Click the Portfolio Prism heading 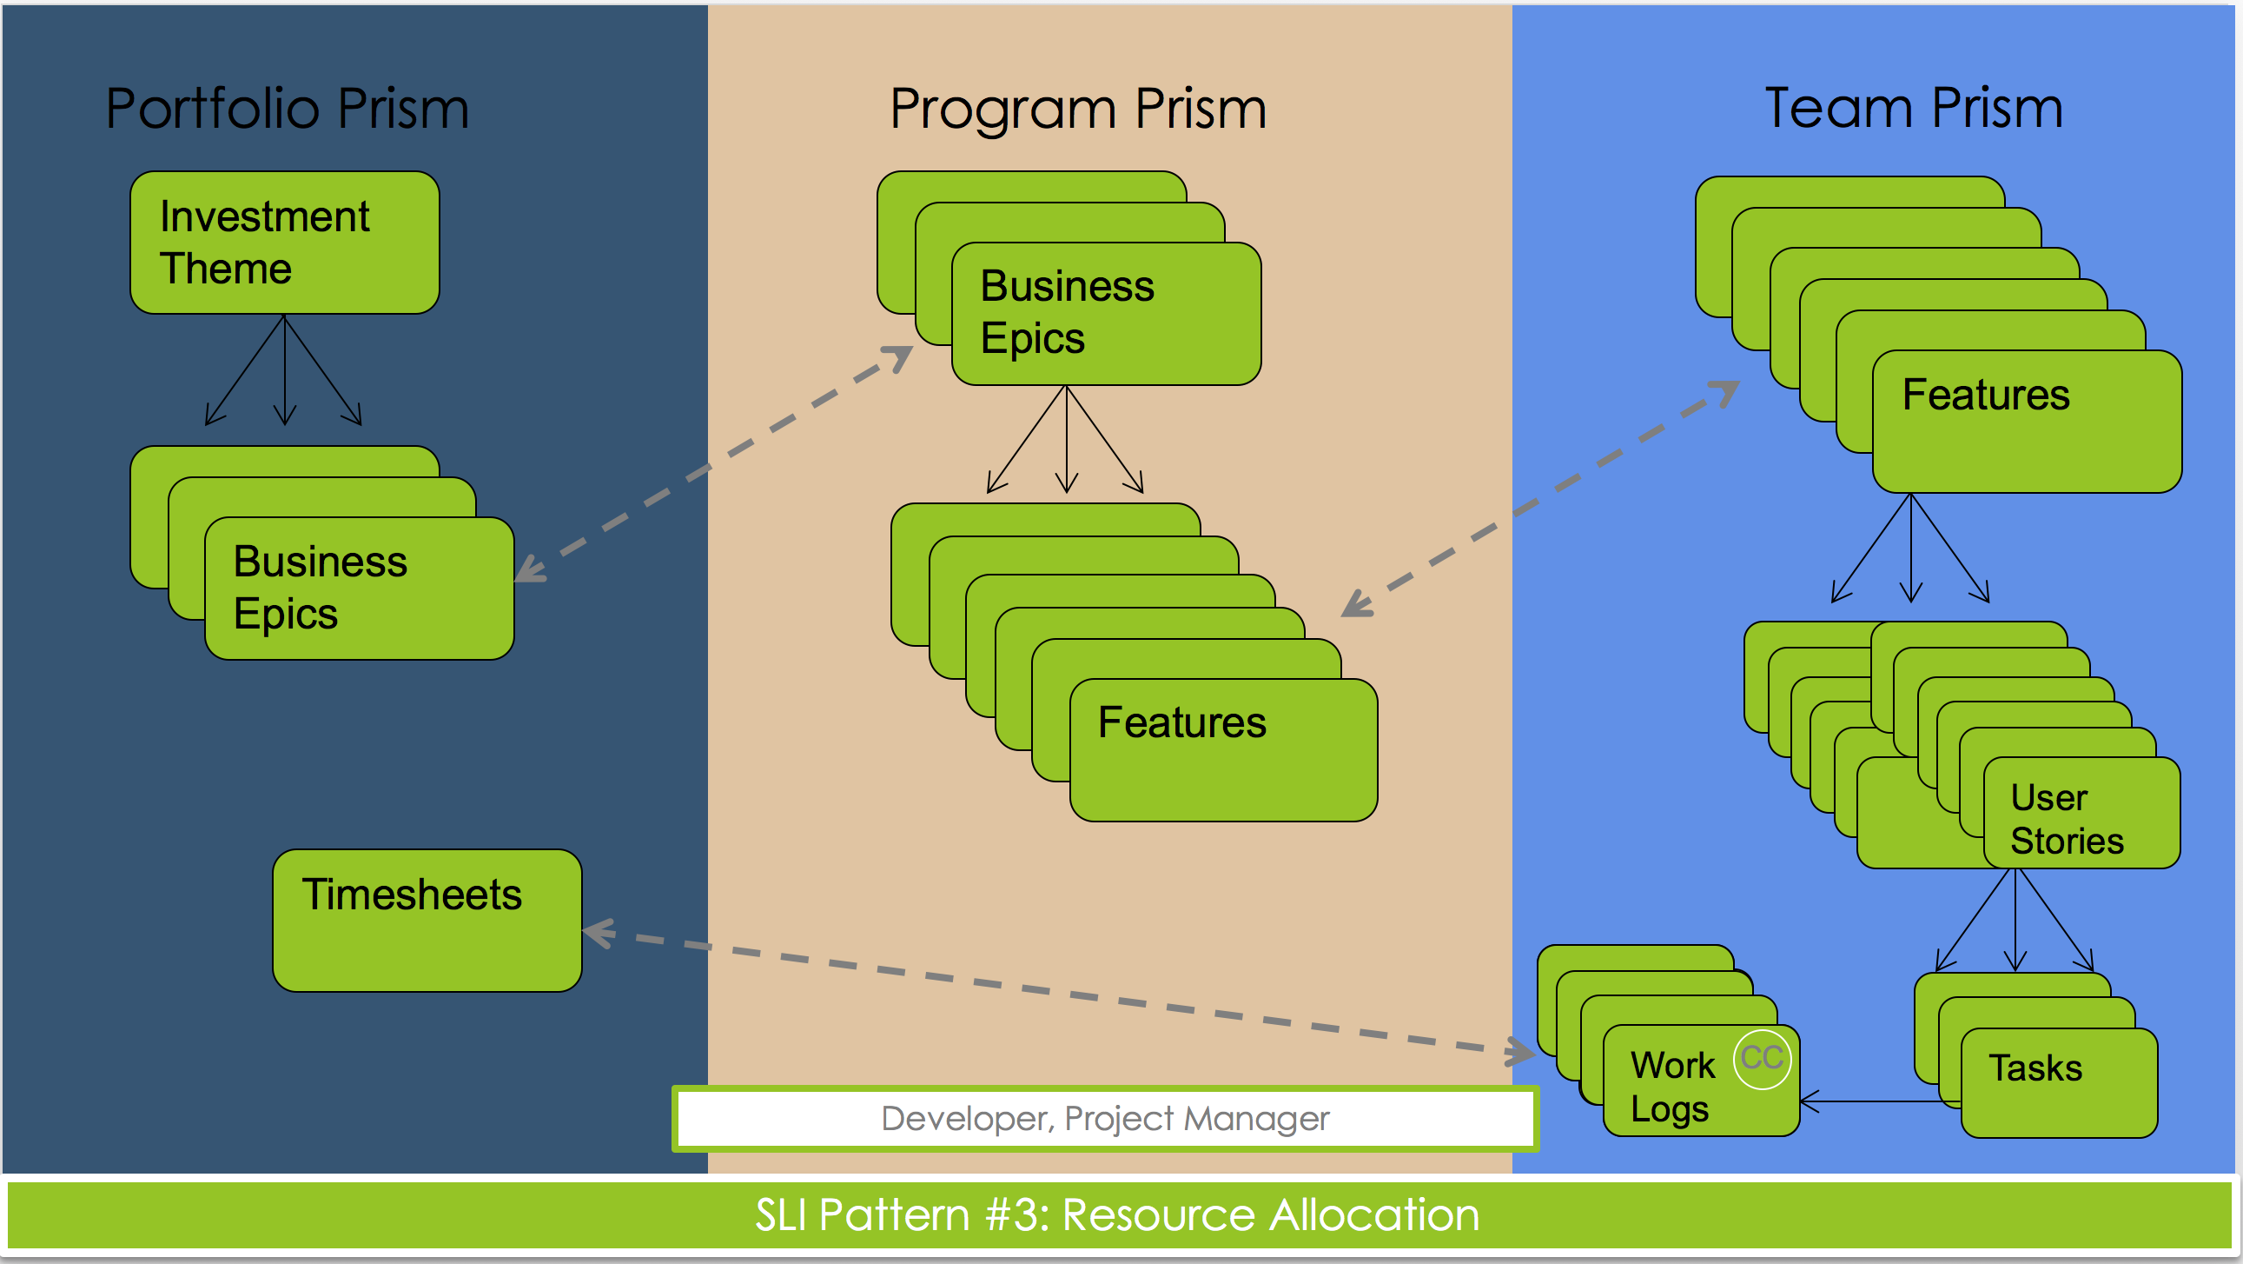click(288, 109)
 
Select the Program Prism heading click(1078, 110)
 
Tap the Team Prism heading click(1914, 109)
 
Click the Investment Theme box click(285, 243)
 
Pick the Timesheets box click(427, 920)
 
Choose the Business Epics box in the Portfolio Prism click(359, 588)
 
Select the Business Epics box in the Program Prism click(1106, 314)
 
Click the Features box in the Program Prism click(1223, 750)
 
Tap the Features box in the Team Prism click(2027, 422)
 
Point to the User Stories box click(2082, 813)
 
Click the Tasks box click(2060, 1083)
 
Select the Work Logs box click(1702, 1081)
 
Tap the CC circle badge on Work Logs click(1763, 1059)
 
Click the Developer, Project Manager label click(1105, 1119)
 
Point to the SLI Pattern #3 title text click(1117, 1214)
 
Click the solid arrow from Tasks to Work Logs click(1881, 1102)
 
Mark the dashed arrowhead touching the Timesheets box click(599, 933)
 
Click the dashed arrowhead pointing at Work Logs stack click(1519, 1052)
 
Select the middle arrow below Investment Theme click(285, 369)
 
